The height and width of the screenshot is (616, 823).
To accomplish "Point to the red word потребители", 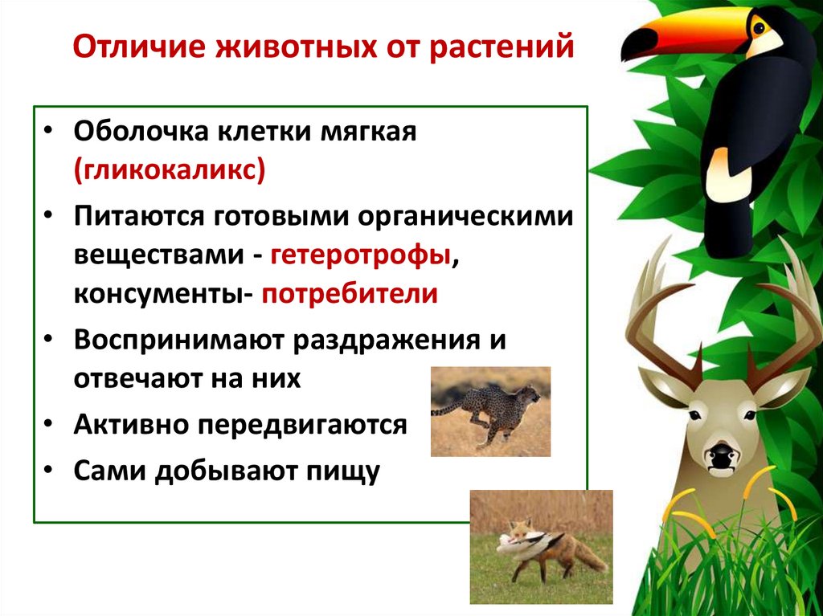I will coord(347,294).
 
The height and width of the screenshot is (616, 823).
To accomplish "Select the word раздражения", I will coord(391,339).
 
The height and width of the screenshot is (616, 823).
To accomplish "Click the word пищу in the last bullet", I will coord(346,471).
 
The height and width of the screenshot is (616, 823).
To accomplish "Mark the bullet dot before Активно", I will coord(51,425).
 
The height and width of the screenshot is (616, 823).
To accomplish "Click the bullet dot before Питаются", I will coord(51,217).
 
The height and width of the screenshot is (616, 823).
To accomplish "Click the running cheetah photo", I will coord(490,411).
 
